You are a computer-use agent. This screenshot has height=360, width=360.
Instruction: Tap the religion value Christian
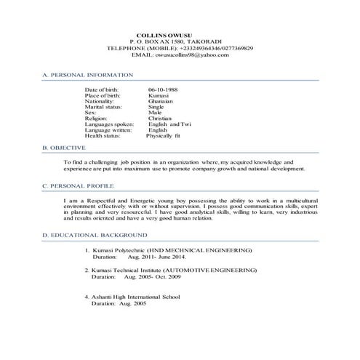(x=161, y=119)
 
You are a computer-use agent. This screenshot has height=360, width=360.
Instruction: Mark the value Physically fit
(x=164, y=136)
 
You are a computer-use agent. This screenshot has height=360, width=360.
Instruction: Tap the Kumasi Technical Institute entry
(x=175, y=270)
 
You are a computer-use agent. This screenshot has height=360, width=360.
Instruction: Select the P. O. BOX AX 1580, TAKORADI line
(x=174, y=41)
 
